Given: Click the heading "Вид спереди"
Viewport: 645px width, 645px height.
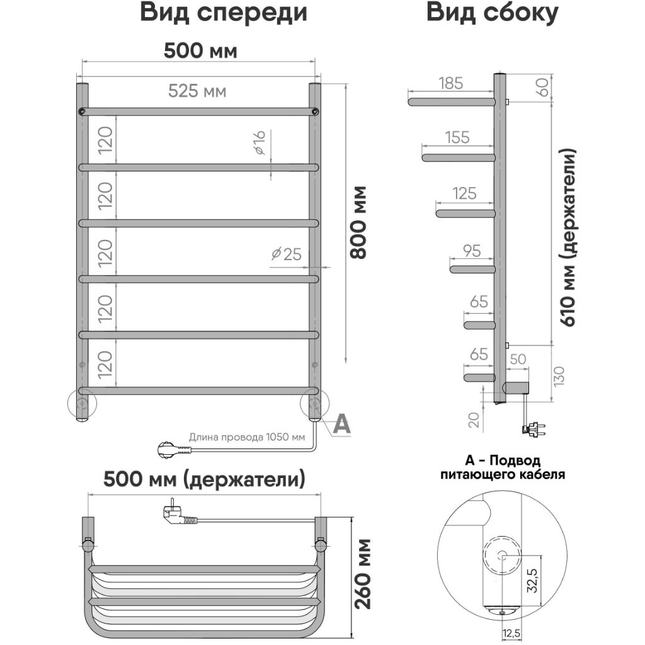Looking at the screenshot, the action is coord(224,13).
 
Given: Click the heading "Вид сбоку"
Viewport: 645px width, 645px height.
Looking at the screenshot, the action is coord(492,13).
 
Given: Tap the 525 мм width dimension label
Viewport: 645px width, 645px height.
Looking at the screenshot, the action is coord(197,91).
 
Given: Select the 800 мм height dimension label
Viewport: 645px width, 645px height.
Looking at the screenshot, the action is coord(358,222).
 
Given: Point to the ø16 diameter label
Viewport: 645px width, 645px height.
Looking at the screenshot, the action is coord(259,143).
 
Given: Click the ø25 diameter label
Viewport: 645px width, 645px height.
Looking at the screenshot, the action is coord(287,254).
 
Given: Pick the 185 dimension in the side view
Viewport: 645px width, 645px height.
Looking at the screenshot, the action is coord(451,83).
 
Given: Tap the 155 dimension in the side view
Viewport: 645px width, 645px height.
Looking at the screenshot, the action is coord(457,137).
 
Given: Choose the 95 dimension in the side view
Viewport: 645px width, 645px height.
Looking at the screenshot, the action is coord(472,251).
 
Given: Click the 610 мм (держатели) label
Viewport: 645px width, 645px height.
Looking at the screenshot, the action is coord(568,237).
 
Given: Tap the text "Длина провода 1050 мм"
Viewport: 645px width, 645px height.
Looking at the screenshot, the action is coord(247,437).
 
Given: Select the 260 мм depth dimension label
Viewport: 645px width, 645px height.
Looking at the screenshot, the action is coord(363,574).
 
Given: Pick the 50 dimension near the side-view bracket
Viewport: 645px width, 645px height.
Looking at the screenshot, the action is coord(518,359).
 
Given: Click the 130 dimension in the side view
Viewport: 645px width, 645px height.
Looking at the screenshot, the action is coord(559,377).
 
